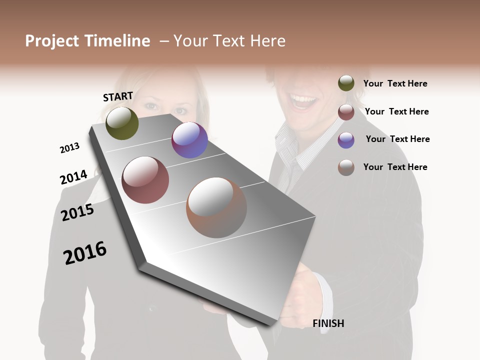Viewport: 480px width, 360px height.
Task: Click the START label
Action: tap(118, 96)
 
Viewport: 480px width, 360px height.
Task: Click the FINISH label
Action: tap(328, 323)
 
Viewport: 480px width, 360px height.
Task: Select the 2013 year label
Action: tap(69, 148)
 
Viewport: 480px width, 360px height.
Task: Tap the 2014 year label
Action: tap(73, 177)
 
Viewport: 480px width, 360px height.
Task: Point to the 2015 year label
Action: tap(77, 212)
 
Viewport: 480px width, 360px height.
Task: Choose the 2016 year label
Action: tap(85, 253)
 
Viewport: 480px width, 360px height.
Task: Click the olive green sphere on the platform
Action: tap(122, 123)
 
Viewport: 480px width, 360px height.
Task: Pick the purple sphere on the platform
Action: tap(189, 140)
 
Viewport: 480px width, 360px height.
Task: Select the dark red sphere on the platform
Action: tap(145, 180)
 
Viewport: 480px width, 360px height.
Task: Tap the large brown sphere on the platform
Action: tap(216, 207)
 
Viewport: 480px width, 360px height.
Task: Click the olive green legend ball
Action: tap(346, 83)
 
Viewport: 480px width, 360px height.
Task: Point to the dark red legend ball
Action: tap(346, 112)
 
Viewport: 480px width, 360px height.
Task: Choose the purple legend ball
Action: tap(346, 140)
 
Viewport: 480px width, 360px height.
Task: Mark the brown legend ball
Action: tap(346, 167)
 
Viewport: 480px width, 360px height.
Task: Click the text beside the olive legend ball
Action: tap(395, 83)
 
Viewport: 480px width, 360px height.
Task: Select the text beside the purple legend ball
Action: tap(397, 139)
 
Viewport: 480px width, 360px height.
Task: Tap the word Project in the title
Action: tap(51, 41)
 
